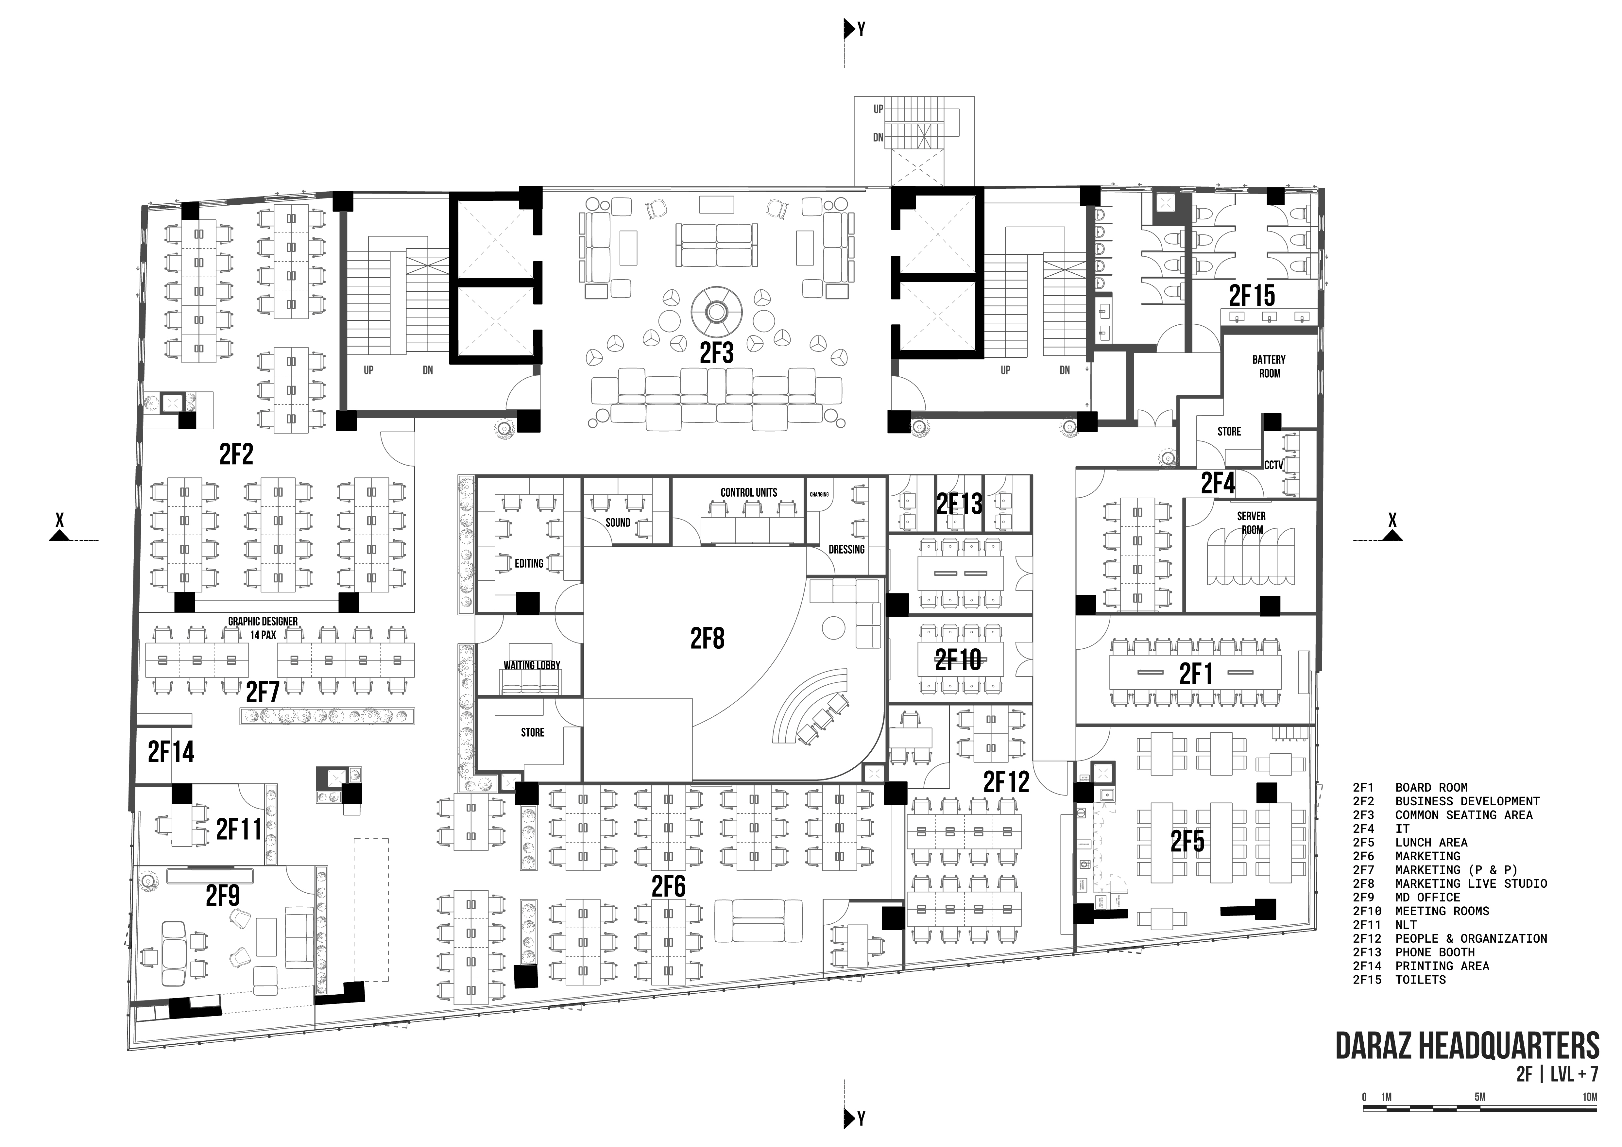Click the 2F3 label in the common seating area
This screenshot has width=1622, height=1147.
pyautogui.click(x=716, y=352)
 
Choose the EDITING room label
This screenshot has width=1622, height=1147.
pyautogui.click(x=528, y=564)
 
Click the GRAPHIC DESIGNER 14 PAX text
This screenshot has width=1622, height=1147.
pyautogui.click(x=263, y=628)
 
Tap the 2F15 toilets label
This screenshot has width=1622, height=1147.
pyautogui.click(x=1252, y=296)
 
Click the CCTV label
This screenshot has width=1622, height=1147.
pyautogui.click(x=1274, y=466)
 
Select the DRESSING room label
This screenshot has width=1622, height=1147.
pyautogui.click(x=846, y=550)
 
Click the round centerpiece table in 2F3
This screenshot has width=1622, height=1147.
pyautogui.click(x=716, y=312)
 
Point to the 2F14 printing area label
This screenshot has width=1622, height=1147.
pyautogui.click(x=171, y=752)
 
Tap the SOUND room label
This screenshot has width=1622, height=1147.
pyautogui.click(x=617, y=522)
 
